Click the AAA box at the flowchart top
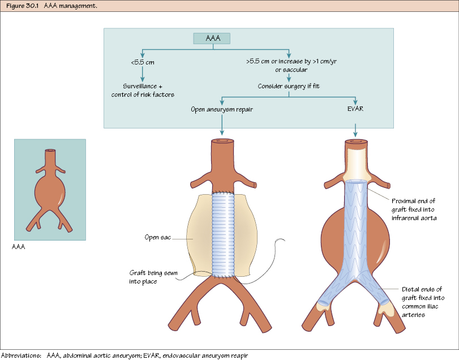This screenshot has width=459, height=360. point(212,38)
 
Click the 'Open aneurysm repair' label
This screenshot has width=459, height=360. point(221,109)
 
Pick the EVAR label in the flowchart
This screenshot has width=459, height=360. point(355,109)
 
